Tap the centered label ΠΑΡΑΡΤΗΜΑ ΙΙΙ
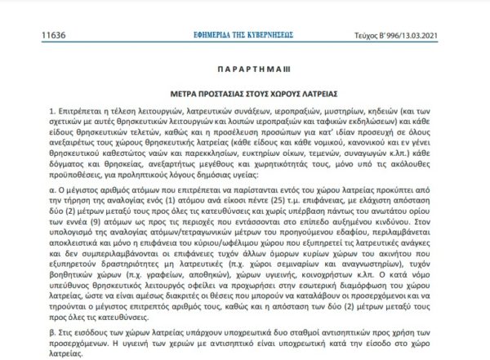tap(244, 71)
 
